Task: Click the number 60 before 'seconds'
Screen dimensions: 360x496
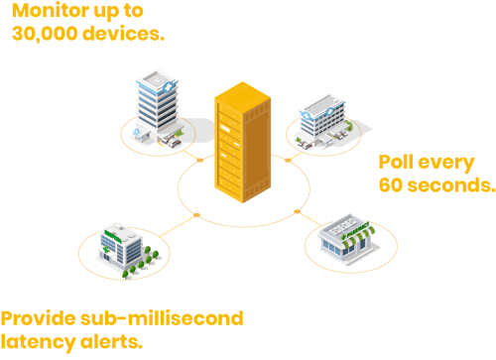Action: (391, 184)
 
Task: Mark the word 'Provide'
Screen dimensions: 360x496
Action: (39, 319)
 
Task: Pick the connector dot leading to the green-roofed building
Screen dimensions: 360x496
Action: (197, 214)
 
